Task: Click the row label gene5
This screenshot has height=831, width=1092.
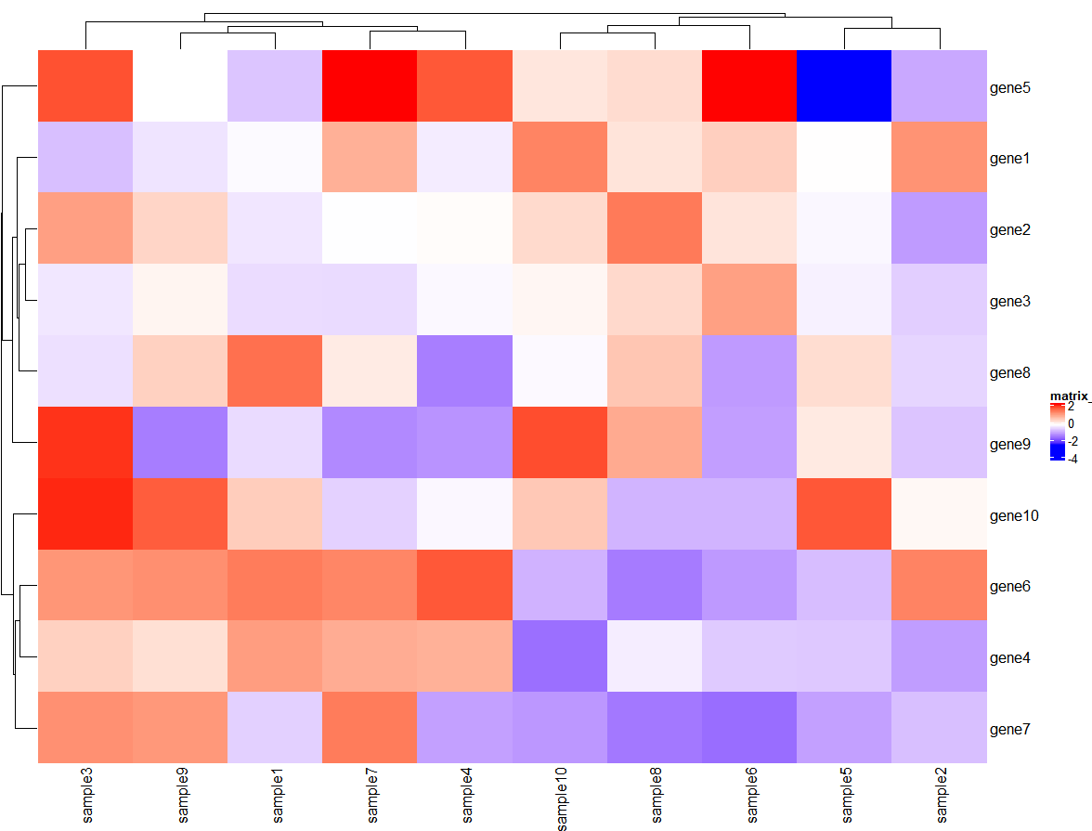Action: click(x=1010, y=88)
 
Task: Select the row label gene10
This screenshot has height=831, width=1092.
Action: click(x=1013, y=515)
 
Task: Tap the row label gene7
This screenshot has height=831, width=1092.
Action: click(x=1010, y=729)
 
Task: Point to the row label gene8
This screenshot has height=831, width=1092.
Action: click(x=1010, y=373)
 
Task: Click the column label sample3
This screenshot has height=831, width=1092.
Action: click(x=88, y=797)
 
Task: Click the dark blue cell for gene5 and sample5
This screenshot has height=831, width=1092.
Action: click(x=844, y=85)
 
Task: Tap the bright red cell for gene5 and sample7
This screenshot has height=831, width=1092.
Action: click(x=370, y=85)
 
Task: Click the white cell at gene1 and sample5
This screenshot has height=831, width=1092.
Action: click(x=844, y=157)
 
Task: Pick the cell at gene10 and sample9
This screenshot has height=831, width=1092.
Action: click(x=180, y=513)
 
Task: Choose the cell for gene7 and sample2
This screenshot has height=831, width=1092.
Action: click(x=939, y=727)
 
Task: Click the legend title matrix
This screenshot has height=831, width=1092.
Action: click(x=1068, y=396)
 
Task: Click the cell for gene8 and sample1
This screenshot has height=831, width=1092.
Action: click(x=275, y=370)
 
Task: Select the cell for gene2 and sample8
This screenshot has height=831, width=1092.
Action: click(x=655, y=228)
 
